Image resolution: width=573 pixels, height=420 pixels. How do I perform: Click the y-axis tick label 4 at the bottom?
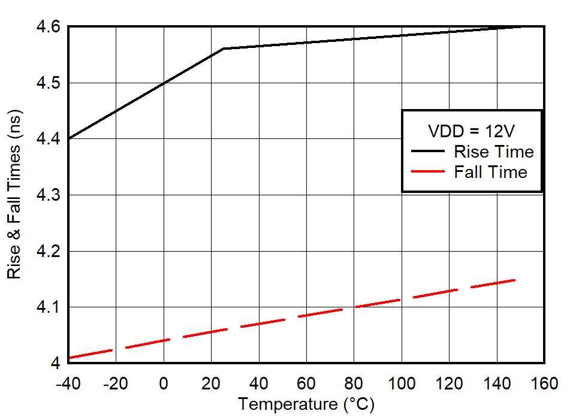pos(55,363)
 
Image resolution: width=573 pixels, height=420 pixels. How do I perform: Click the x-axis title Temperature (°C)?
pos(306,404)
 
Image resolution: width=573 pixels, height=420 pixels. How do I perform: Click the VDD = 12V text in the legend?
pos(472,131)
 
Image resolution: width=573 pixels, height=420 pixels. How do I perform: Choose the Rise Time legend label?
pos(493,151)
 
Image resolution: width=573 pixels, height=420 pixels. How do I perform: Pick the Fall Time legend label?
pos(490,173)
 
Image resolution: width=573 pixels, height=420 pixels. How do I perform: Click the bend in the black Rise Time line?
pos(223,49)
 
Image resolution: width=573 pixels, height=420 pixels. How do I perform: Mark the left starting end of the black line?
pos(69,139)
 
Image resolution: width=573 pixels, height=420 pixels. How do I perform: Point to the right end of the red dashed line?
pos(514,280)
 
